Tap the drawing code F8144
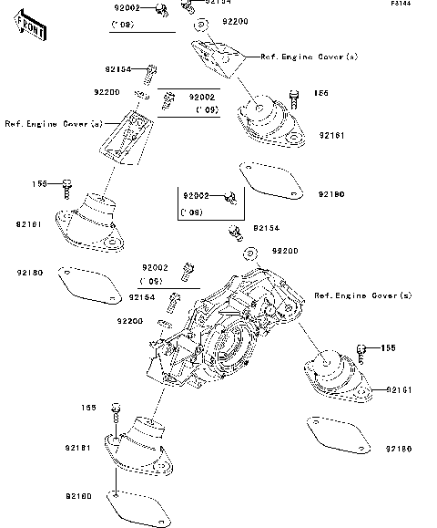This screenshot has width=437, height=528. (x=401, y=5)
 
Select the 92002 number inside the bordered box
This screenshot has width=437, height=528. (x=195, y=195)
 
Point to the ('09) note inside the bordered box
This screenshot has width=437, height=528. (x=192, y=212)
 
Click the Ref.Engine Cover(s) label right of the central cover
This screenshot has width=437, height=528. (x=362, y=296)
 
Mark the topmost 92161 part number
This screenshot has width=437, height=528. (x=331, y=134)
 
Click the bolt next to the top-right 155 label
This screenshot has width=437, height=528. (x=293, y=97)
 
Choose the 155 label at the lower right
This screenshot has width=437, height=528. (x=388, y=348)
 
